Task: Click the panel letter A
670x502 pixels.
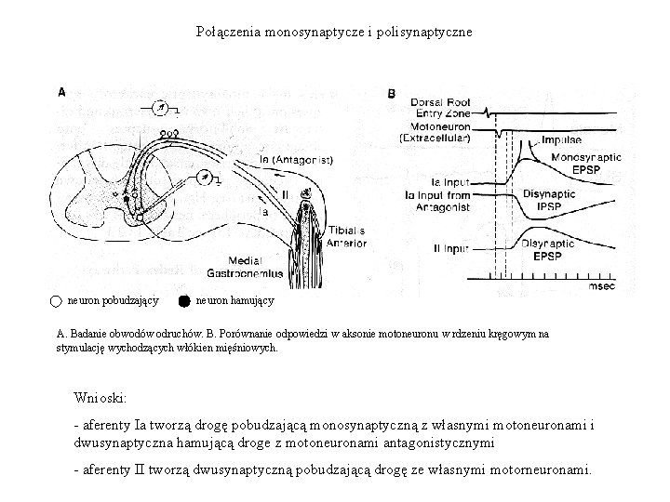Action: [61, 92]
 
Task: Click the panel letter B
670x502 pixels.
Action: [392, 93]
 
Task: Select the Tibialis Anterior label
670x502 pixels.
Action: [346, 236]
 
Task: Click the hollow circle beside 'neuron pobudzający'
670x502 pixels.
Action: [56, 300]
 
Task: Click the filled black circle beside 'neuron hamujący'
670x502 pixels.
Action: [184, 300]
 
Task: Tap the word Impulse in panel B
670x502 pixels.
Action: [562, 139]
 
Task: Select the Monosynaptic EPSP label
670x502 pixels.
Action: [586, 165]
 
